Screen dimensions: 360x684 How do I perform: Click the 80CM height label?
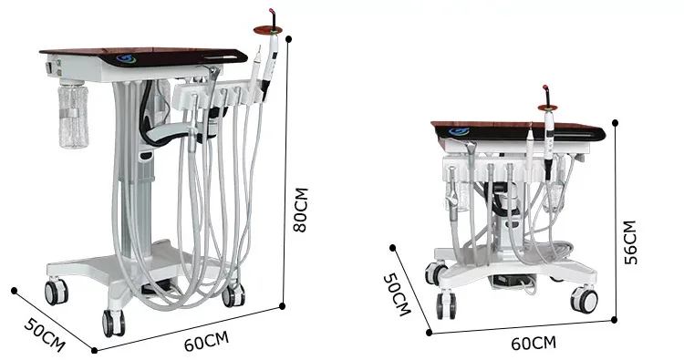(301, 211)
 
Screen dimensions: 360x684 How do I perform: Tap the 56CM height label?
(629, 242)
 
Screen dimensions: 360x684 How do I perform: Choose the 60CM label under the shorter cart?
(533, 343)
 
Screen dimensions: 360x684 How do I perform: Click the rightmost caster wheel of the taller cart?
(233, 294)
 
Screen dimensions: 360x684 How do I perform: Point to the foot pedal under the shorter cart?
(506, 280)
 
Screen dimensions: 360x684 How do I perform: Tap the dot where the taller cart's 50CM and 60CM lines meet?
(94, 349)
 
